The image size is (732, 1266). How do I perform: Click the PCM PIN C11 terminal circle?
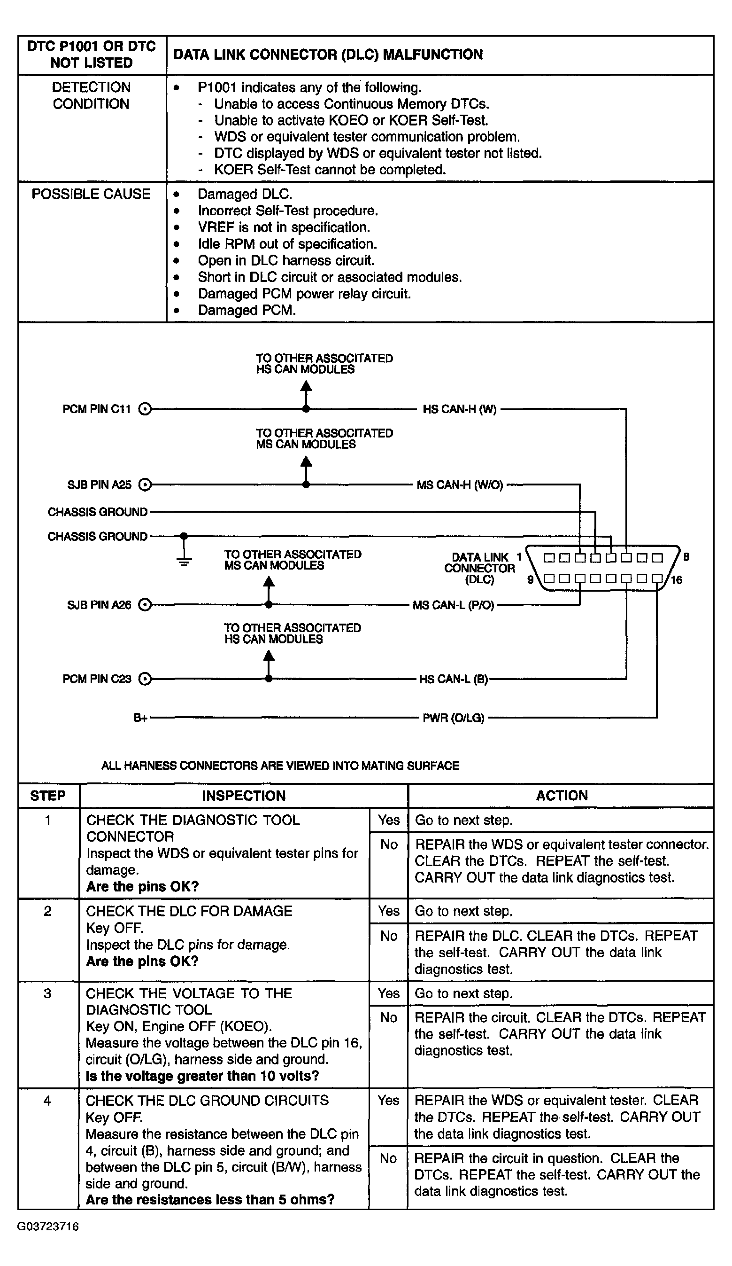[x=145, y=409]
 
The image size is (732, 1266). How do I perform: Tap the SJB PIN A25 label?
[x=99, y=485]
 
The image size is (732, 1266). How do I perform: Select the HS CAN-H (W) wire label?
[x=459, y=409]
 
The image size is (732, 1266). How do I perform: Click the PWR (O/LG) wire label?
[x=454, y=719]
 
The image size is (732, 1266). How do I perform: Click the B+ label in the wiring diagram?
[x=140, y=719]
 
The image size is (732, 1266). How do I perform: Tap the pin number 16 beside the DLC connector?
[x=676, y=580]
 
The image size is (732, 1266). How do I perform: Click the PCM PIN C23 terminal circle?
[x=145, y=679]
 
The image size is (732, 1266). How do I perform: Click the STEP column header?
[x=48, y=796]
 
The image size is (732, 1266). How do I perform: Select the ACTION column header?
[x=561, y=795]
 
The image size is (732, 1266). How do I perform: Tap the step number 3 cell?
[x=48, y=993]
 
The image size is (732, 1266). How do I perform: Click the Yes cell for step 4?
[x=389, y=1100]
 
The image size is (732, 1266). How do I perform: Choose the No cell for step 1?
[x=389, y=844]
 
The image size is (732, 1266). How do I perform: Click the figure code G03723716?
[x=48, y=1227]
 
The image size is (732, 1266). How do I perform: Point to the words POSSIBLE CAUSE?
[x=91, y=194]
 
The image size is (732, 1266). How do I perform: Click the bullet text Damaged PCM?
[x=247, y=310]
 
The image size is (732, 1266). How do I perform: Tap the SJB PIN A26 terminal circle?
[x=145, y=605]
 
